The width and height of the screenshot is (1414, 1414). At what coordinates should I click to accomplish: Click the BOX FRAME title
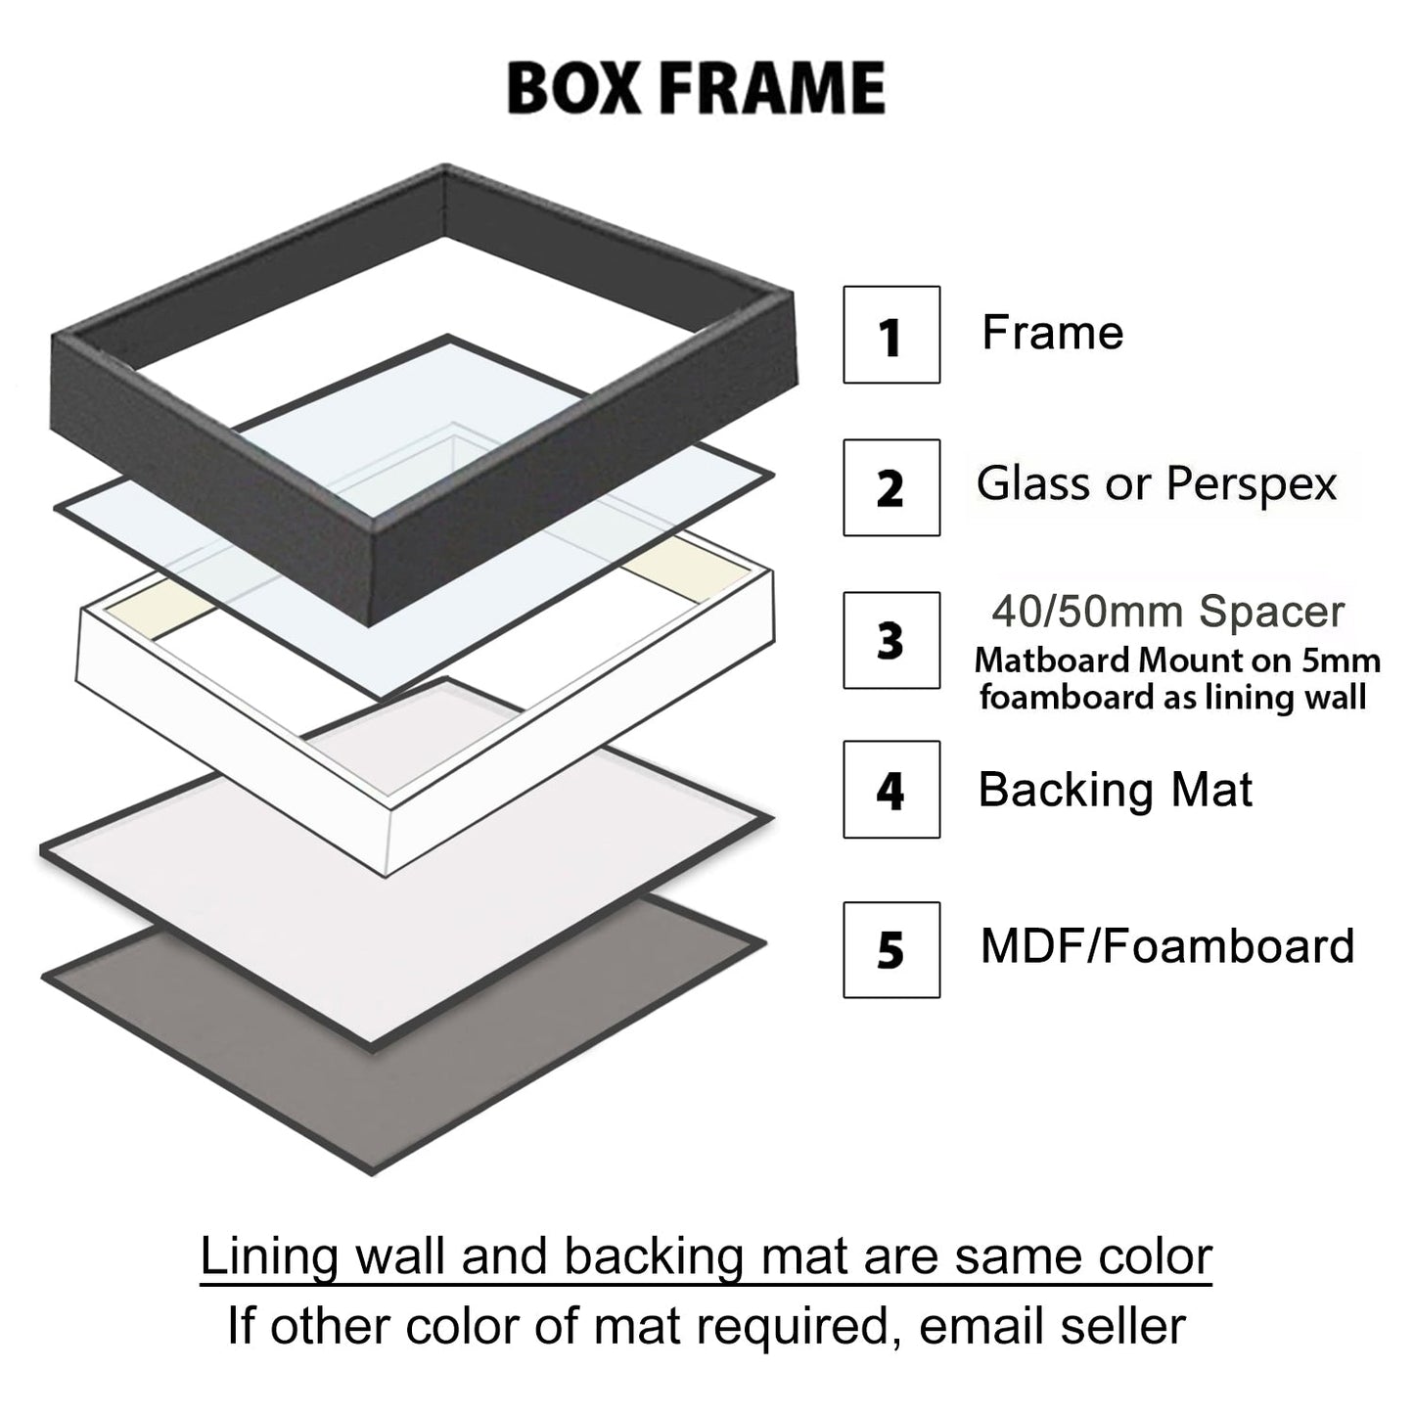click(696, 88)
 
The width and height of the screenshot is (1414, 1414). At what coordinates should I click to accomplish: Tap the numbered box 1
click(890, 335)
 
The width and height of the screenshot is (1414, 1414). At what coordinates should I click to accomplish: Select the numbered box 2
click(890, 487)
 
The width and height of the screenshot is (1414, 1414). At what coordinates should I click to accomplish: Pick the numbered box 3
click(890, 640)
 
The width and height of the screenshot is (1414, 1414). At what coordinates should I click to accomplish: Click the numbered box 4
click(890, 789)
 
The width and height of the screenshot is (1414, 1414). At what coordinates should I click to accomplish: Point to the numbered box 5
click(890, 949)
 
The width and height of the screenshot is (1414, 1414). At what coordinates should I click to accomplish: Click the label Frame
click(1052, 333)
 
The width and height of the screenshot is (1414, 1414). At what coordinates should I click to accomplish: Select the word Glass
click(1035, 483)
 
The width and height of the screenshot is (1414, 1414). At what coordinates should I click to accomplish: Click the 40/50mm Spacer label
click(1168, 612)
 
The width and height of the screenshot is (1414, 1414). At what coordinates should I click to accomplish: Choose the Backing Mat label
click(1115, 789)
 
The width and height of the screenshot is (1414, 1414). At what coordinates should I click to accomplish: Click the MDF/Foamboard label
click(1166, 946)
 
